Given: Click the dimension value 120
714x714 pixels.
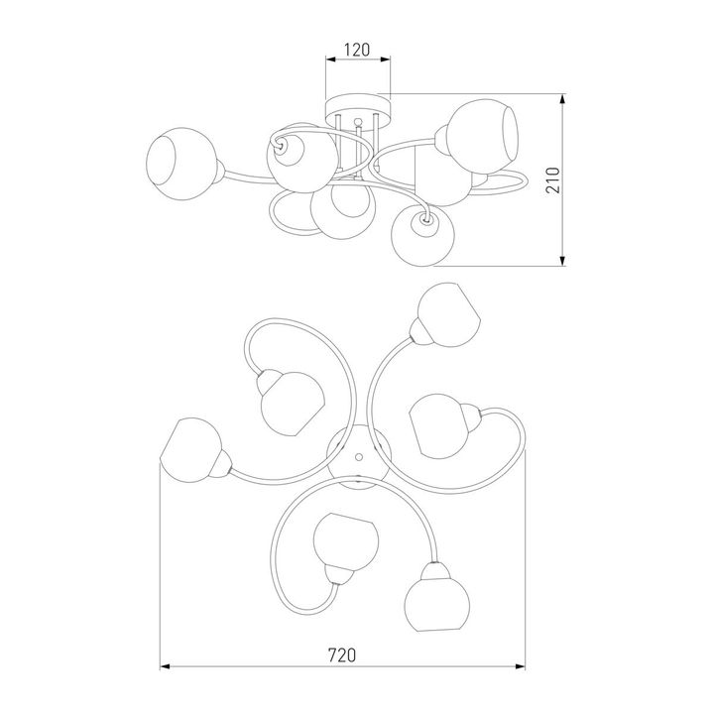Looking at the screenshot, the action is (357, 50).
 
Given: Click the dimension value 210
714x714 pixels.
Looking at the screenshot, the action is (552, 180).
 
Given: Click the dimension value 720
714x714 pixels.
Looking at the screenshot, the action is (342, 655).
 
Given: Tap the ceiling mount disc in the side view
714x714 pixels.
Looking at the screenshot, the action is (358, 108).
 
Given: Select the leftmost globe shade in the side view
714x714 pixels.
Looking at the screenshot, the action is (181, 164).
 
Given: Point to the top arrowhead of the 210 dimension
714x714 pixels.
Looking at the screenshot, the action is (563, 99).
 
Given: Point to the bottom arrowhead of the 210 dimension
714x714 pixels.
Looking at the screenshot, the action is (563, 261).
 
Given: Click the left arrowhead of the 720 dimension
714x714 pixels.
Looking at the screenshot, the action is (165, 666).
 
